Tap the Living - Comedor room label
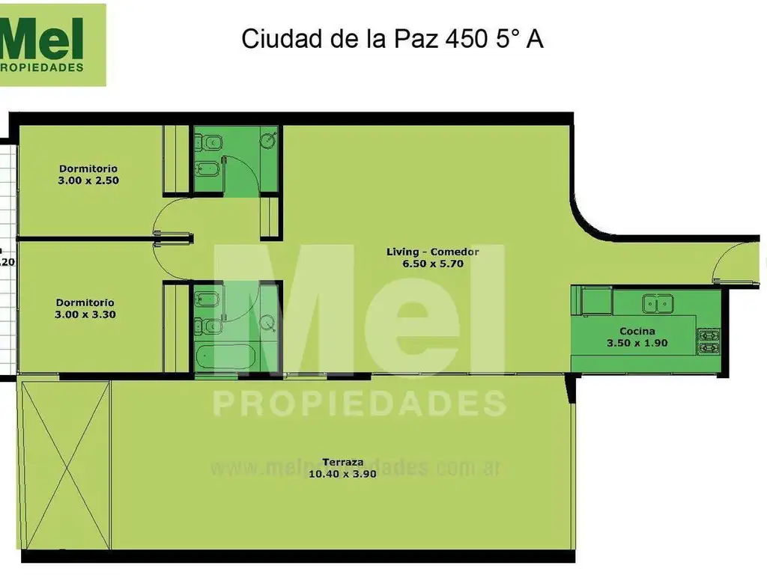(432, 252)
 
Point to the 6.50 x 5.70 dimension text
(432, 264)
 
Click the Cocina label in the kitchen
(637, 332)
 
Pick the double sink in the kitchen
(658, 303)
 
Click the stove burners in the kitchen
(709, 341)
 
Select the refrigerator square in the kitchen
(597, 301)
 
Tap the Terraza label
(342, 462)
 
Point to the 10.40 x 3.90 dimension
(342, 474)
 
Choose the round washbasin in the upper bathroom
(270, 139)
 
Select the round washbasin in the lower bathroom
(267, 323)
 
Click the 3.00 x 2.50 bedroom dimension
(88, 180)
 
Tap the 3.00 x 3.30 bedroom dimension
(85, 315)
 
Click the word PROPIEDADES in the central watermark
(360, 403)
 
